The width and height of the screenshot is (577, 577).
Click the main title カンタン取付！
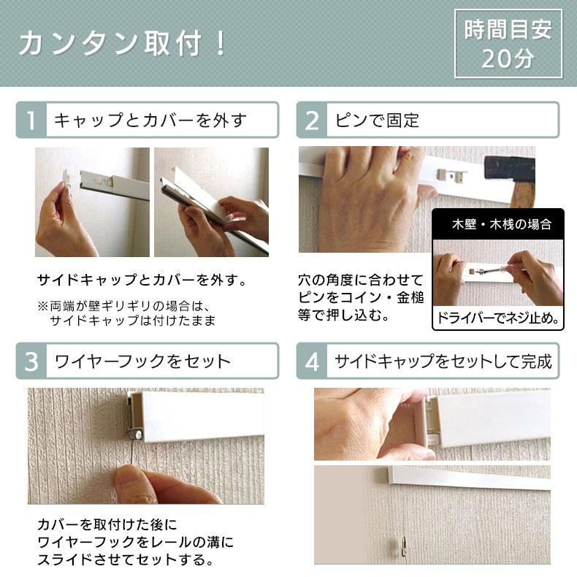point(123,44)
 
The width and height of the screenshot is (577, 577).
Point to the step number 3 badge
point(31,361)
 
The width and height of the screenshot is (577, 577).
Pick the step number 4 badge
point(312,361)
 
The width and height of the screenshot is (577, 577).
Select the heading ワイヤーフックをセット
point(142,361)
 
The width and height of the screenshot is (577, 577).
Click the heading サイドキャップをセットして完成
point(443,361)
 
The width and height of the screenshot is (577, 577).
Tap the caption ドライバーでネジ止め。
point(499,318)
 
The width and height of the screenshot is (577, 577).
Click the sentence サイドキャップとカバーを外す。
point(141,280)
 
